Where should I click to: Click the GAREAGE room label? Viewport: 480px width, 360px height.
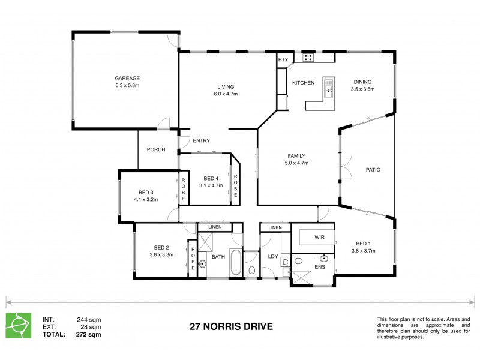[x=127, y=78]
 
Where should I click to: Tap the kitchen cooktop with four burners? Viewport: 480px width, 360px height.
[x=309, y=58]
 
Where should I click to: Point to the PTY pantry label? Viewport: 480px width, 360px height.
[x=283, y=59]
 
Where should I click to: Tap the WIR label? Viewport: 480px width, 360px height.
[x=319, y=237]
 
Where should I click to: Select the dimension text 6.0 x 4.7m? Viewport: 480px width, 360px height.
[x=226, y=94]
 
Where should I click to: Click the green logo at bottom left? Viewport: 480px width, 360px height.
[x=17, y=325]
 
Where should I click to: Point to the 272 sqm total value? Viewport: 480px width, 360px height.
[x=89, y=334]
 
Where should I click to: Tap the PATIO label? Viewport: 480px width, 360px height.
[x=373, y=169]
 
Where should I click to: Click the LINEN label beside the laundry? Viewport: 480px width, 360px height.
[x=275, y=228]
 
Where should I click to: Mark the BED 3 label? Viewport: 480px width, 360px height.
[x=145, y=192]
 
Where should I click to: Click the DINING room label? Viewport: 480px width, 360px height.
[x=362, y=82]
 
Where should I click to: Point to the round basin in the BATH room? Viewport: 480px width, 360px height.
[x=202, y=263]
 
